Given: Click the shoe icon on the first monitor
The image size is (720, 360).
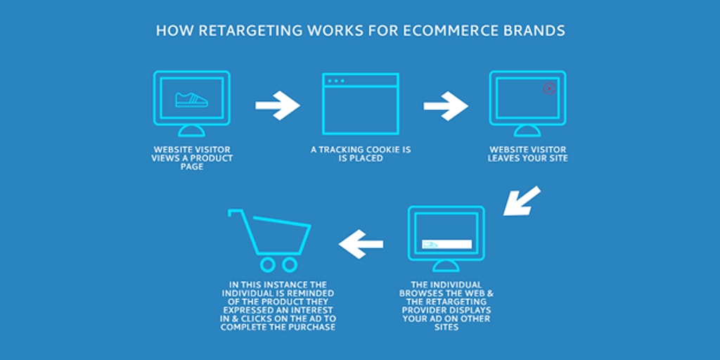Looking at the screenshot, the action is click(191, 100).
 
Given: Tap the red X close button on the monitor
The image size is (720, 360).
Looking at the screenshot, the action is click(550, 89).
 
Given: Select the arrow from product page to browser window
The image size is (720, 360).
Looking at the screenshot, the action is click(277, 105).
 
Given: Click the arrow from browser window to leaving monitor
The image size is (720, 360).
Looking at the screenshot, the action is click(445, 105).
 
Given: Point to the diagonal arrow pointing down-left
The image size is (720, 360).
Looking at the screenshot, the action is click(522, 200).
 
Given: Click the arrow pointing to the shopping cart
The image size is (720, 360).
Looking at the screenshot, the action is click(361, 244).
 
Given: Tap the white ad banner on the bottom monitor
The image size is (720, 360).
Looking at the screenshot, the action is click(446, 244).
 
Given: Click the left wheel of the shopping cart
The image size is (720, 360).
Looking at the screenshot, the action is click(268, 264).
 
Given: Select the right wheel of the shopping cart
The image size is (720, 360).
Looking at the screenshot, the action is click(290, 264).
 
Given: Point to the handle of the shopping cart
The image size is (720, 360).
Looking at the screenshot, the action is click(235, 212).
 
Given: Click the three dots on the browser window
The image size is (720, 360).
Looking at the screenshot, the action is click(336, 81).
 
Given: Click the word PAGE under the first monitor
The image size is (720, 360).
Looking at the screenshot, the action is click(192, 167).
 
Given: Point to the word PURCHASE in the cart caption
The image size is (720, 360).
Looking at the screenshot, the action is click(315, 328).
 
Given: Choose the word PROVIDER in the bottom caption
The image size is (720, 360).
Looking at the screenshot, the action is click(419, 310).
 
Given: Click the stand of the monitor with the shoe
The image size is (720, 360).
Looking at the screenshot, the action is click(191, 130).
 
